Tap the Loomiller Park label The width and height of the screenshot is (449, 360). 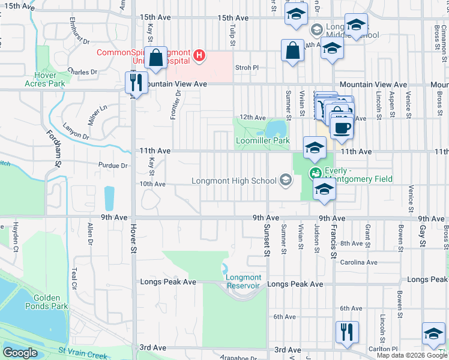point(262,141)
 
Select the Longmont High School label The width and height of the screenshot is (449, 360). point(234,180)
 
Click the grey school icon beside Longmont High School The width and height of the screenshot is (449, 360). point(285,179)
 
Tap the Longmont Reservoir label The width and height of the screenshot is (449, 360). point(243,281)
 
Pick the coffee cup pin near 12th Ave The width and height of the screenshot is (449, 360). point(342,128)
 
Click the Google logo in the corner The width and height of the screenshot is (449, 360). point(20,353)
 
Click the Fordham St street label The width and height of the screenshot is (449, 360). point(53,149)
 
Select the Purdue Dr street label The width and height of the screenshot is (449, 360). point(116,166)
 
